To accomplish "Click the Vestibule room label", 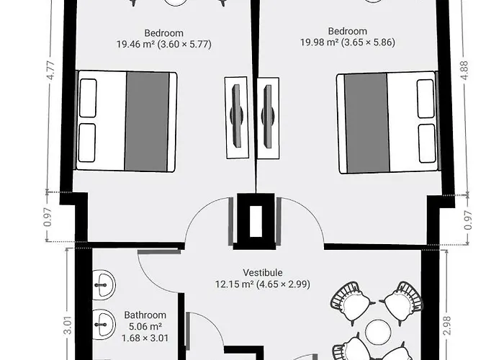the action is pyautogui.click(x=263, y=273).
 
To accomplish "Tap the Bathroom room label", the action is pyautogui.click(x=145, y=315).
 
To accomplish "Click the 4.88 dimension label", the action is pyautogui.click(x=464, y=70).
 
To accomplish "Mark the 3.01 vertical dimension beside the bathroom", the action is pyautogui.click(x=68, y=325).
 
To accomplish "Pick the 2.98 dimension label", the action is pyautogui.click(x=447, y=326).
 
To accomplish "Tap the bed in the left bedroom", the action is pyautogui.click(x=126, y=121).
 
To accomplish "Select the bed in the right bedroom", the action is pyautogui.click(x=388, y=122).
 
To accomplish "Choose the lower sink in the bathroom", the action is pyautogui.click(x=104, y=324).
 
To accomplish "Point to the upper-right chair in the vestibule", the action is pyautogui.click(x=402, y=302).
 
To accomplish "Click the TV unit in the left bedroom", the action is pyautogui.click(x=237, y=117).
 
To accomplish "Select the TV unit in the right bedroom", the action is pyautogui.click(x=268, y=117).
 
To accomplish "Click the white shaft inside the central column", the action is pyautogui.click(x=256, y=221).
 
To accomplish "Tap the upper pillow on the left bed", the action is pyautogui.click(x=88, y=98).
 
